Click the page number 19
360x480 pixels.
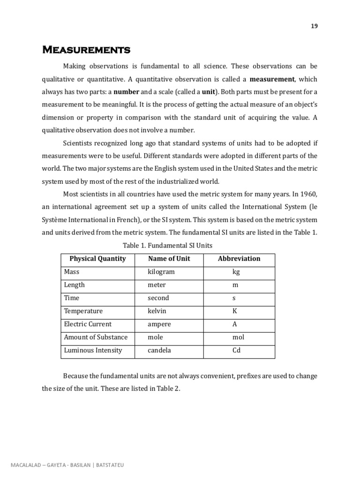click(x=314, y=26)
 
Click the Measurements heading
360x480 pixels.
click(x=86, y=50)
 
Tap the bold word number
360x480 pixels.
click(x=127, y=92)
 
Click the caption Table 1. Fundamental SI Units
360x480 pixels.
click(x=167, y=245)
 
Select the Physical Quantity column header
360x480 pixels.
click(x=97, y=259)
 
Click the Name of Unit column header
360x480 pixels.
click(x=169, y=259)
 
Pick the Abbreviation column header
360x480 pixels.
click(x=239, y=259)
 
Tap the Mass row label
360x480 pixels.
click(x=72, y=272)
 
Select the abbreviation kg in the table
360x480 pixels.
click(x=236, y=272)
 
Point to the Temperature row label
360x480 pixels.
click(x=83, y=311)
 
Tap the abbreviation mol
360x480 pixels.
click(x=238, y=337)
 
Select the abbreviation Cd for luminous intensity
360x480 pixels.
click(x=236, y=350)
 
